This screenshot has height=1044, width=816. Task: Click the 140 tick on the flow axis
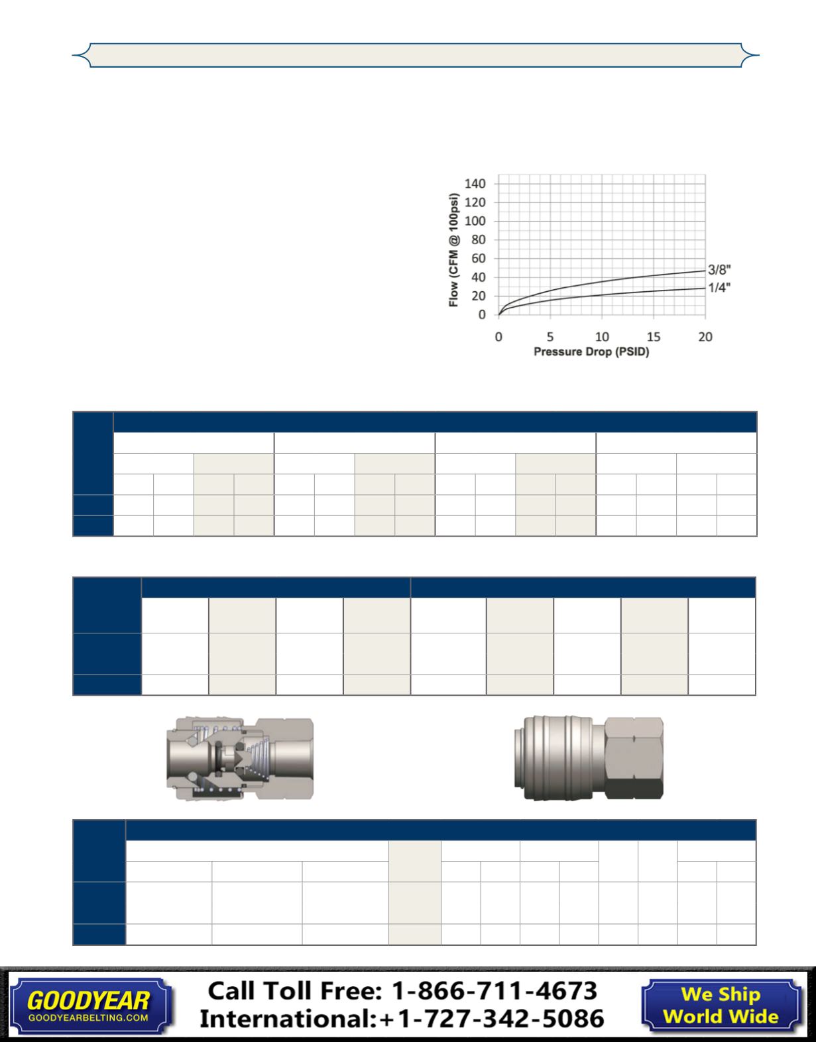tap(475, 184)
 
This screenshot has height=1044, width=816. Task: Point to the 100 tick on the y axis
tap(475, 221)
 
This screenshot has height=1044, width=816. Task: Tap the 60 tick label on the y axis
tap(479, 259)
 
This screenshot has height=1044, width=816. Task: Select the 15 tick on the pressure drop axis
tap(654, 337)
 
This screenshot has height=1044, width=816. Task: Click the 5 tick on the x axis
tap(550, 337)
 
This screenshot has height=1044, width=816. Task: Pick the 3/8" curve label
tap(719, 269)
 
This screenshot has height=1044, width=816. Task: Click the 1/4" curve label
tap(719, 288)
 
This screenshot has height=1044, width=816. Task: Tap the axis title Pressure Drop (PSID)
tap(591, 352)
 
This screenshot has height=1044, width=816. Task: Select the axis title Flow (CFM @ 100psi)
tap(453, 250)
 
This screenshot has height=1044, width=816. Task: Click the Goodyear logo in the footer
tap(89, 1006)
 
